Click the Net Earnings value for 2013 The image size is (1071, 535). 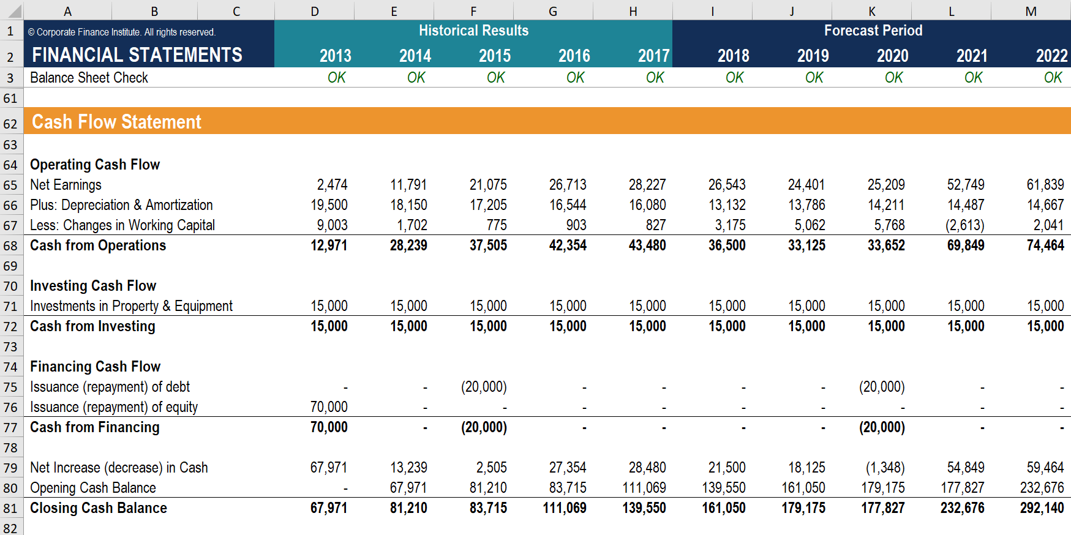pyautogui.click(x=332, y=185)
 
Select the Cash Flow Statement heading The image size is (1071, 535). pyautogui.click(x=116, y=122)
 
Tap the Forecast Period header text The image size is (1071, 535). pyautogui.click(x=873, y=31)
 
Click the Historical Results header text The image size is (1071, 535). pyautogui.click(x=473, y=31)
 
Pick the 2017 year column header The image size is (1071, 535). pyautogui.click(x=653, y=56)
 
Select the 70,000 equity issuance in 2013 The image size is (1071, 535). pyautogui.click(x=329, y=407)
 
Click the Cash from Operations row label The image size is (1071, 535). pyautogui.click(x=98, y=245)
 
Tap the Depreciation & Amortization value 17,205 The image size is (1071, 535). pyautogui.click(x=488, y=205)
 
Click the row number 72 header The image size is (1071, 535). pyautogui.click(x=10, y=326)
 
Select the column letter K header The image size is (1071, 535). pyautogui.click(x=871, y=11)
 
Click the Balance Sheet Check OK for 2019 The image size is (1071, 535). pyautogui.click(x=814, y=78)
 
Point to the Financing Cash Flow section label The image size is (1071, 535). pyautogui.click(x=95, y=367)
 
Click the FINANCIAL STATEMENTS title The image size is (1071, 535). pyautogui.click(x=137, y=55)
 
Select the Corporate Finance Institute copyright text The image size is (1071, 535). pyautogui.click(x=122, y=32)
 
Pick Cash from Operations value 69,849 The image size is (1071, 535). pyautogui.click(x=966, y=245)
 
